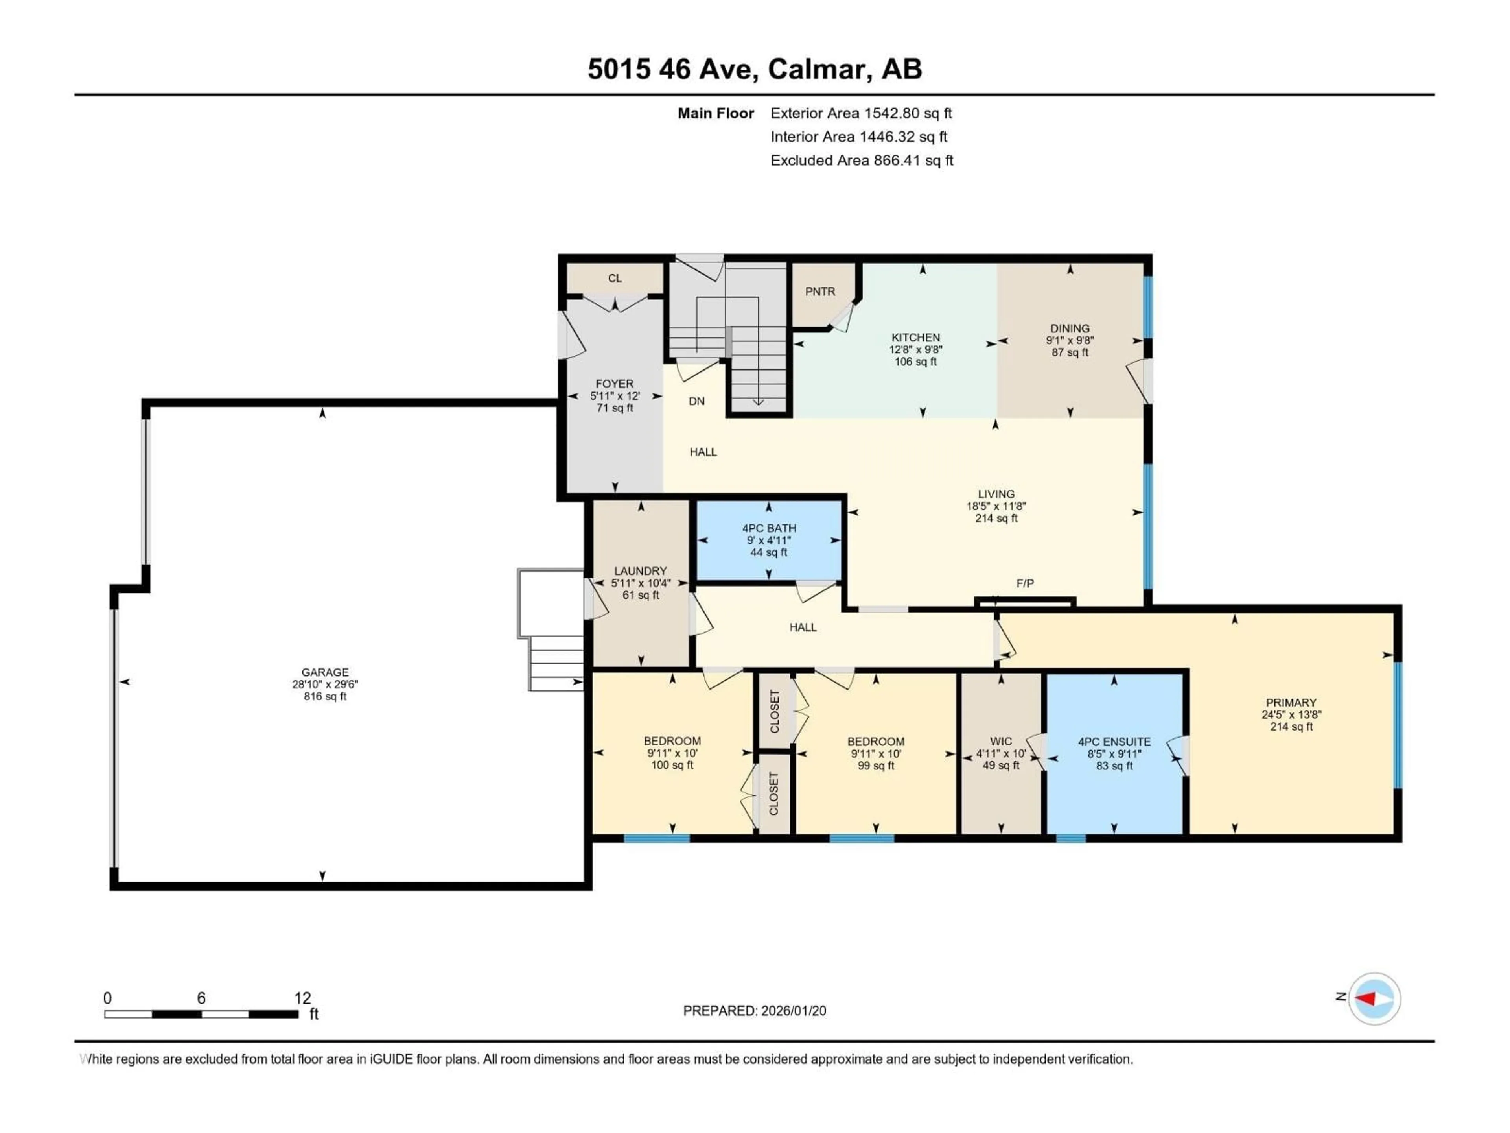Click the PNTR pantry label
click(820, 292)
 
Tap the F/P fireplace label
click(1025, 583)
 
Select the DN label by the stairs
click(696, 401)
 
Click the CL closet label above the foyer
click(614, 278)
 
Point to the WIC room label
click(1001, 741)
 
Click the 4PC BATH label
click(769, 528)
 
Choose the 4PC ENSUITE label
click(1114, 742)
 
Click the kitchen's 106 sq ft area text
click(915, 361)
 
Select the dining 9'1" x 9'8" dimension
click(1070, 340)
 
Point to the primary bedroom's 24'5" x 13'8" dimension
click(1291, 714)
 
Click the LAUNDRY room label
click(640, 571)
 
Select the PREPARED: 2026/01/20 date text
click(754, 1011)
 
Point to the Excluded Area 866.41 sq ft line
click(862, 161)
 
